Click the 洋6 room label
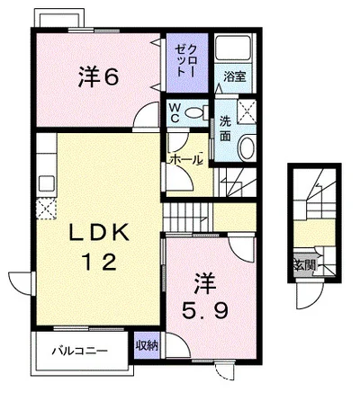[x=99, y=76]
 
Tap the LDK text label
[x=99, y=233]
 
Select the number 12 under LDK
[x=100, y=262]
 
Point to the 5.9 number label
[x=206, y=310]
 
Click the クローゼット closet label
[x=186, y=61]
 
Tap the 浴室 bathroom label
[x=235, y=77]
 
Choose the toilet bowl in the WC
[x=196, y=112]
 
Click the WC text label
[x=175, y=113]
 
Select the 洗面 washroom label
[x=226, y=129]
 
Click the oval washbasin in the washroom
[x=247, y=147]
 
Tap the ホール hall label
[x=184, y=159]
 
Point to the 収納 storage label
[x=147, y=346]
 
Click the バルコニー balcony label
[x=80, y=351]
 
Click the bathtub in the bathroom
[x=233, y=48]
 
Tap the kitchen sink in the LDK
[x=47, y=183]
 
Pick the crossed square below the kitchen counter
[x=46, y=209]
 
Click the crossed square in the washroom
[x=247, y=111]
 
